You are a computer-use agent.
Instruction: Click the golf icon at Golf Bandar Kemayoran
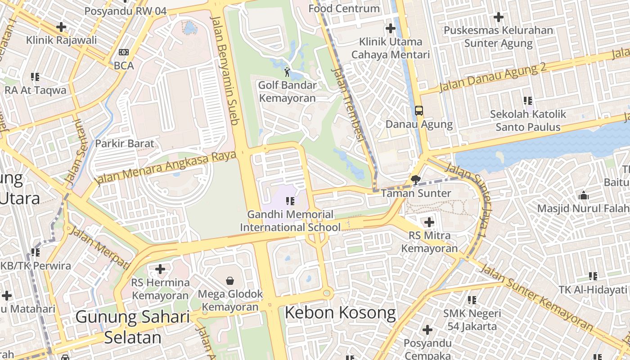[x=287, y=72]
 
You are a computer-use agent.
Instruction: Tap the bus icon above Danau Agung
[x=418, y=110]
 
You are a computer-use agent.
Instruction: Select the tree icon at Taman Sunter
[x=416, y=180]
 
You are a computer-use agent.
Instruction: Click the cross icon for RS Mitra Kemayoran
[x=429, y=222]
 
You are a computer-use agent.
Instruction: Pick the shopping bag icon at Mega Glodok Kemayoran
[x=230, y=281]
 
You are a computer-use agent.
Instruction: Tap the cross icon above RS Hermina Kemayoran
[x=160, y=269]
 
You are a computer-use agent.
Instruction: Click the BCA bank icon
[x=124, y=52]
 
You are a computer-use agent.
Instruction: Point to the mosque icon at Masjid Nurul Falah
[x=584, y=195]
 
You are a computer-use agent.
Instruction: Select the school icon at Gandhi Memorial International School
[x=290, y=201]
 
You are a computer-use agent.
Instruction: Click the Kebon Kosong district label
[x=340, y=313]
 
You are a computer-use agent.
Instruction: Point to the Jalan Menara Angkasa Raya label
[x=166, y=167]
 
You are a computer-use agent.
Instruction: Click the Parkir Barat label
[x=125, y=144]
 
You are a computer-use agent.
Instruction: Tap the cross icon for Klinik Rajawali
[x=61, y=27]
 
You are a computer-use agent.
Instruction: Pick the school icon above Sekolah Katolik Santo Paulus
[x=528, y=101]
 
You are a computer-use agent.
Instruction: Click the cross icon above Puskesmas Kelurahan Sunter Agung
[x=498, y=17]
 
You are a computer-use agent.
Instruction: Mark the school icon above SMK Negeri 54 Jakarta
[x=472, y=300]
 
